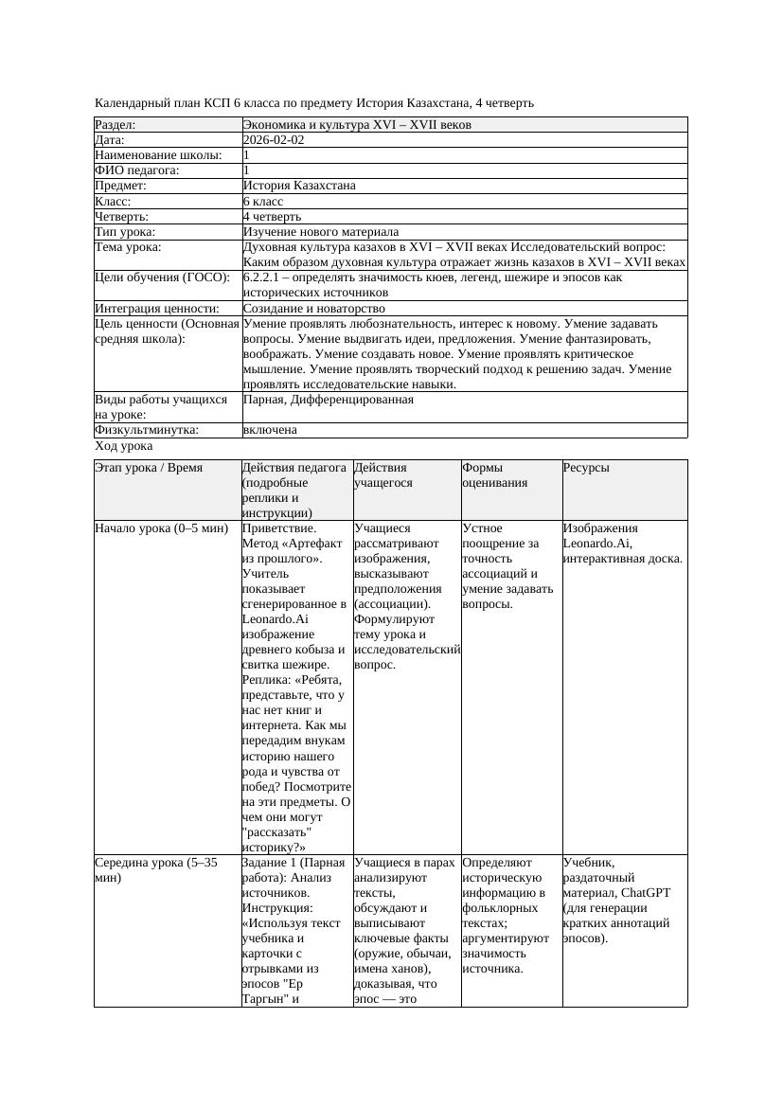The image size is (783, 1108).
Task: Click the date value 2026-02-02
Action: coord(274,140)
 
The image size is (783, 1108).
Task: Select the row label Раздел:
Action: coord(116,125)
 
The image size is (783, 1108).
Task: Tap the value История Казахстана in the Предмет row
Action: coord(299,186)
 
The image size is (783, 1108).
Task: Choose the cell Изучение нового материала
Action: coord(321,232)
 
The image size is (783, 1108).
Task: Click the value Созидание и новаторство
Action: coord(314,309)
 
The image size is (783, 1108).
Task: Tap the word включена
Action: coord(270,430)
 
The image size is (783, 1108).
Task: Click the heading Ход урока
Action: coord(124,446)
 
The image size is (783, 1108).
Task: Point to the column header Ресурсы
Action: coord(586,468)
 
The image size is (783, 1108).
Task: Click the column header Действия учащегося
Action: coord(383,475)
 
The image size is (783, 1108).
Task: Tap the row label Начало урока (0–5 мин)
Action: coord(156,528)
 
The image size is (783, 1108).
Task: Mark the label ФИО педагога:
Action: coord(137,170)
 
